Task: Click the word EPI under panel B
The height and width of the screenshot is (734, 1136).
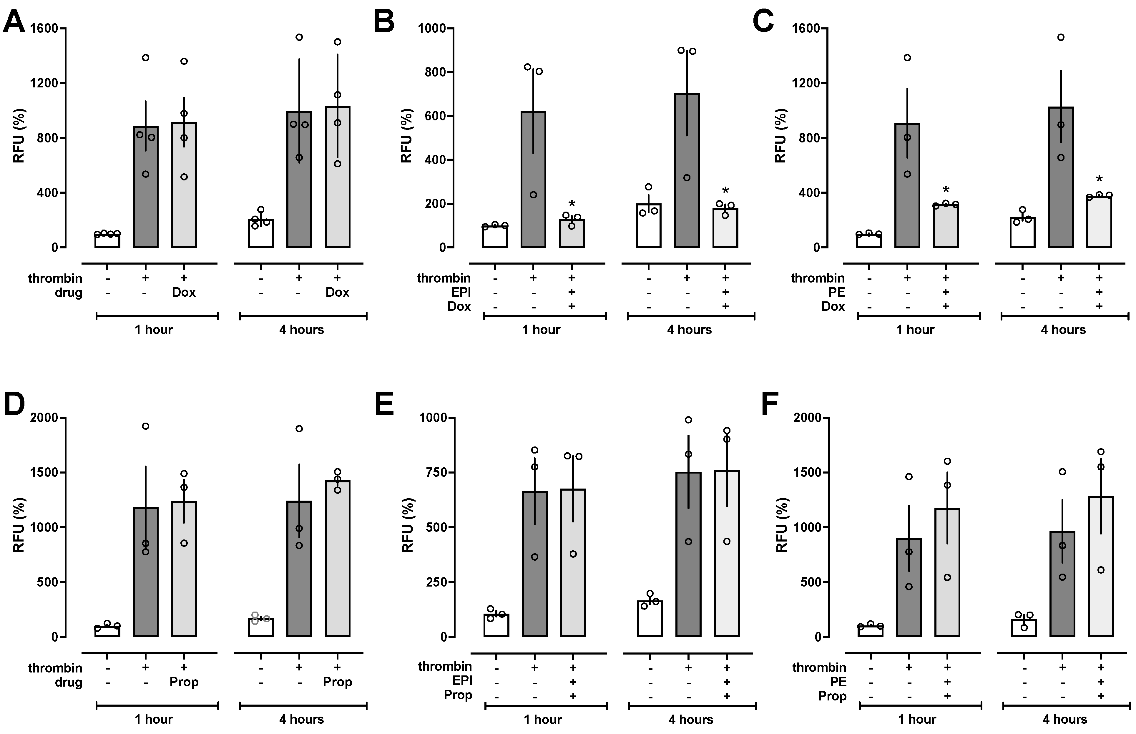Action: click(x=461, y=292)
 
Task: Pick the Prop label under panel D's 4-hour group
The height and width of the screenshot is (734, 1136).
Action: click(x=337, y=682)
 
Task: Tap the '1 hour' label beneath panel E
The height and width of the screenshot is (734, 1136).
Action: click(x=542, y=719)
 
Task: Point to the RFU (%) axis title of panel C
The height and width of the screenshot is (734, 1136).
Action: click(x=780, y=136)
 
